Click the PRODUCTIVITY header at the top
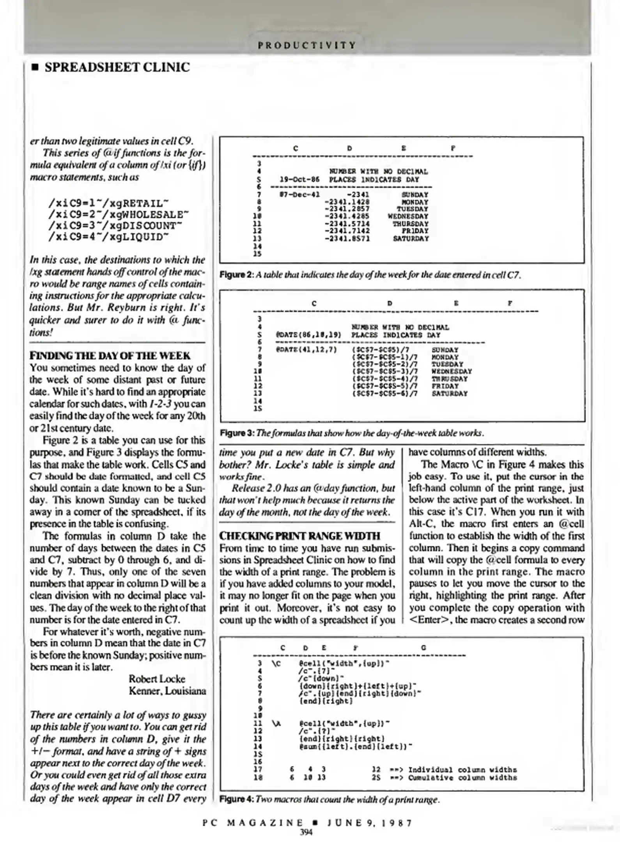307,46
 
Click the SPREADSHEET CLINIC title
117,67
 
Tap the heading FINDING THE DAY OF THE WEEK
110,356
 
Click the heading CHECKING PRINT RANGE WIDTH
299,536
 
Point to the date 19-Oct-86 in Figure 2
299,180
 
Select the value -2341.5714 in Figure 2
347,224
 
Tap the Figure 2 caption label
237,275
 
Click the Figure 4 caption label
237,800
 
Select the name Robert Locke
157,679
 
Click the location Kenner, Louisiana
167,691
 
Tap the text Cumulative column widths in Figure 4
462,778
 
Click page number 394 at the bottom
306,833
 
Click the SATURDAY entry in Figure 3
449,393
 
